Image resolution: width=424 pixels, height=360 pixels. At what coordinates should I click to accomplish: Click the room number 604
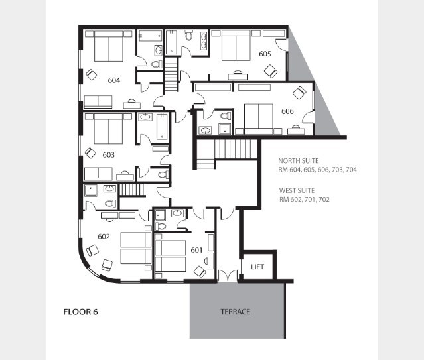pyautogui.click(x=114, y=80)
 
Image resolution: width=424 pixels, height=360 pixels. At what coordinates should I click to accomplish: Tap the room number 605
pyautogui.click(x=265, y=54)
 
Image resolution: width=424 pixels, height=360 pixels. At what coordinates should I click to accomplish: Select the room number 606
pyautogui.click(x=287, y=111)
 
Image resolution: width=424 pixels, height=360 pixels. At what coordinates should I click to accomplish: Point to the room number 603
pyautogui.click(x=108, y=155)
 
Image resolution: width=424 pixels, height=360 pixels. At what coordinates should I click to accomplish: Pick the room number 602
pyautogui.click(x=104, y=237)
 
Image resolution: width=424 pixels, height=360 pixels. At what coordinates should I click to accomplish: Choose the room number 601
pyautogui.click(x=196, y=250)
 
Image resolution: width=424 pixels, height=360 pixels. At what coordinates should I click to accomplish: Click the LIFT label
pyautogui.click(x=257, y=267)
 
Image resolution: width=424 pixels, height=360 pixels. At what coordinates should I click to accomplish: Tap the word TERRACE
pyautogui.click(x=236, y=312)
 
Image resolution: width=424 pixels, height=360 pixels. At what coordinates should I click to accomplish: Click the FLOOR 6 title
pyautogui.click(x=80, y=312)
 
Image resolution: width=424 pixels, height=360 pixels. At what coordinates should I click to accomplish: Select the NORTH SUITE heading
pyautogui.click(x=299, y=161)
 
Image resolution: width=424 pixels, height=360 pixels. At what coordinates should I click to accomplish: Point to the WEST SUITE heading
pyautogui.click(x=297, y=190)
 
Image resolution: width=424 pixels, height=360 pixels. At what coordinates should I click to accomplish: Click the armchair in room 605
pyautogui.click(x=271, y=71)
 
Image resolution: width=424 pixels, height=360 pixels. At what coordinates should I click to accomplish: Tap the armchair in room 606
pyautogui.click(x=299, y=93)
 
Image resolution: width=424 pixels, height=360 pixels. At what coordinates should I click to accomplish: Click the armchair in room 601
pyautogui.click(x=200, y=272)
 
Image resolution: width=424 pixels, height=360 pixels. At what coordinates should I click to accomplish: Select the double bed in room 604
pyautogui.click(x=109, y=46)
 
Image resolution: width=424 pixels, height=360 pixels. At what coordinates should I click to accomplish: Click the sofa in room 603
pyautogui.click(x=98, y=174)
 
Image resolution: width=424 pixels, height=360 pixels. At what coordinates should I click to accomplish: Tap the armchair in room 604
pyautogui.click(x=91, y=74)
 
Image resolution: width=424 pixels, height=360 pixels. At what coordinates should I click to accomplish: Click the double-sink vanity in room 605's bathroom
pyautogui.click(x=204, y=41)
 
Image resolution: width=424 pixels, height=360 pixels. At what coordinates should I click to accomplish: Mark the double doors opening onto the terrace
pyautogui.click(x=228, y=276)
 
